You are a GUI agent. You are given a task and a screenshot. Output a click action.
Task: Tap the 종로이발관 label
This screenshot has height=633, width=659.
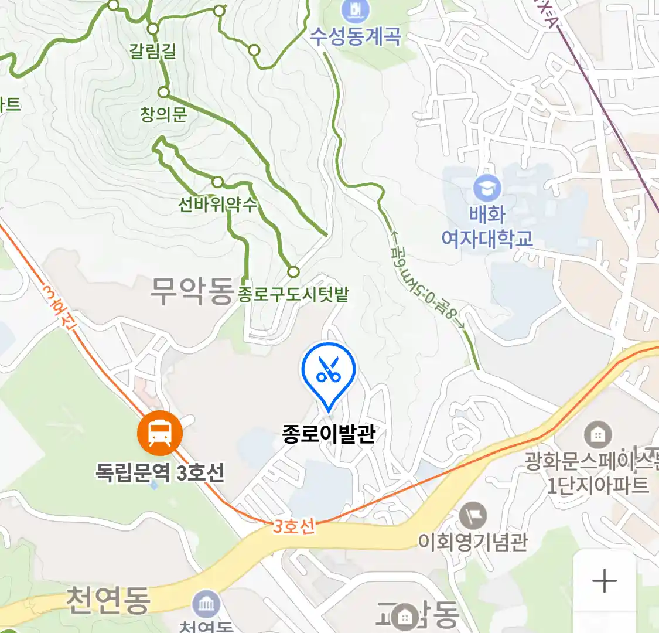[328, 434]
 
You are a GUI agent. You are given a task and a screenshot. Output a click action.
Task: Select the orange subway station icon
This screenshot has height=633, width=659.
[159, 433]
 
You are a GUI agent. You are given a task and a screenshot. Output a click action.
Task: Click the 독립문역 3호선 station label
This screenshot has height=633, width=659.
[160, 472]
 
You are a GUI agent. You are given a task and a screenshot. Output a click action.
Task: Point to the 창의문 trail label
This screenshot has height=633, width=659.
[163, 114]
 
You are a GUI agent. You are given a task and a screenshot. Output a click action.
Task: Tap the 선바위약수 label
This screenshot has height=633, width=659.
[217, 205]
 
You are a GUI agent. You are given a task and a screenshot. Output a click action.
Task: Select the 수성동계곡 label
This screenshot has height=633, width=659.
[356, 37]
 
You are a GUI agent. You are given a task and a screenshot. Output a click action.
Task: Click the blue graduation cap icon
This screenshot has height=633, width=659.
[487, 188]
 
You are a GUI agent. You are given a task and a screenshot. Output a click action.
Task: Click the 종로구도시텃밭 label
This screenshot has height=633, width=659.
[293, 294]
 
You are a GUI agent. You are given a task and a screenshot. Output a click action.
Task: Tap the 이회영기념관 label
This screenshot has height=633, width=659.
[473, 541]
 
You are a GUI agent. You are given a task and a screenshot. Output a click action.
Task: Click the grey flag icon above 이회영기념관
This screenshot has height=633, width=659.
[473, 516]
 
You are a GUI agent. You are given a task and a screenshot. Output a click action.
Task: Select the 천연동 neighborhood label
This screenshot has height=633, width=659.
[108, 600]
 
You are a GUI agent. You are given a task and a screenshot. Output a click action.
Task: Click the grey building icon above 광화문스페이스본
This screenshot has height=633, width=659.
[597, 435]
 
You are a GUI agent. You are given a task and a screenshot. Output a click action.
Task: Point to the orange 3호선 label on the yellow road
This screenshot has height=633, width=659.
[294, 526]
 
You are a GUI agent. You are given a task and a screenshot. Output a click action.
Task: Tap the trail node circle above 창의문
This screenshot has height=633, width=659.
[163, 92]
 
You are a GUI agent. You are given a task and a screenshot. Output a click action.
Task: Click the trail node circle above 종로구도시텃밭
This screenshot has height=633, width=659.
[293, 272]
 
